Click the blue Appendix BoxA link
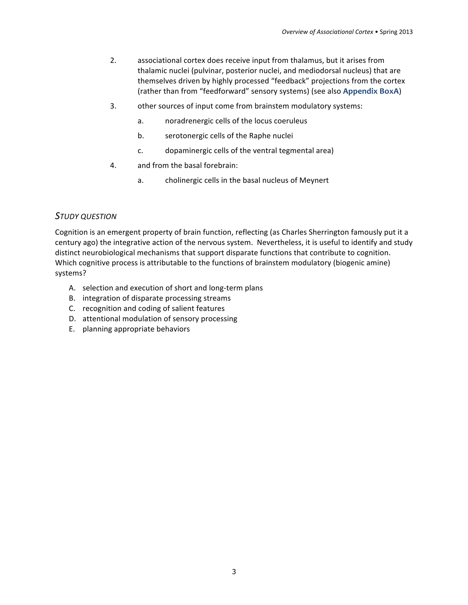click(371, 91)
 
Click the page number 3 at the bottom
click(234, 571)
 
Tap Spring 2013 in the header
click(396, 32)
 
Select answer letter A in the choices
click(72, 288)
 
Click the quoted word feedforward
click(224, 91)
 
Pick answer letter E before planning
click(72, 329)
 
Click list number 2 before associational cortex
click(113, 61)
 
